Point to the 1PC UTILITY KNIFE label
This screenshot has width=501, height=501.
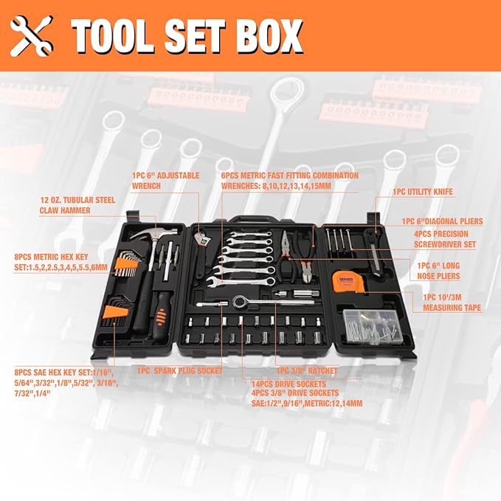tap(422, 192)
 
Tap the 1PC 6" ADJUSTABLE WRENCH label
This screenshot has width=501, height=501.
tap(166, 181)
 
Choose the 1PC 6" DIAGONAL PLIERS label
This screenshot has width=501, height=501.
tap(442, 221)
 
